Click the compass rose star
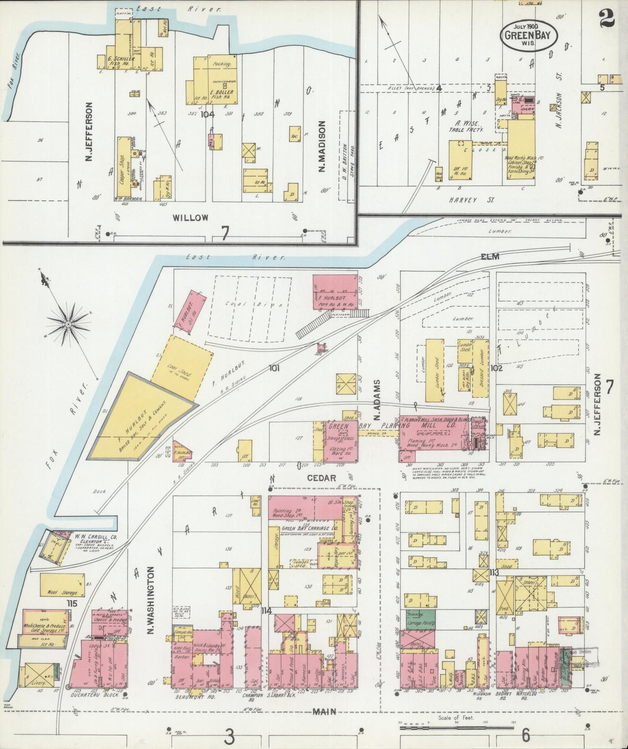coord(68,324)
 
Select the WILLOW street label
coord(190,217)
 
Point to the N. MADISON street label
coord(322,146)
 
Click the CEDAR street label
coord(322,478)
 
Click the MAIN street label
coord(324,711)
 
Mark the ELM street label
coord(490,256)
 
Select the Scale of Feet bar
coord(456,726)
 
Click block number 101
coord(274,368)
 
